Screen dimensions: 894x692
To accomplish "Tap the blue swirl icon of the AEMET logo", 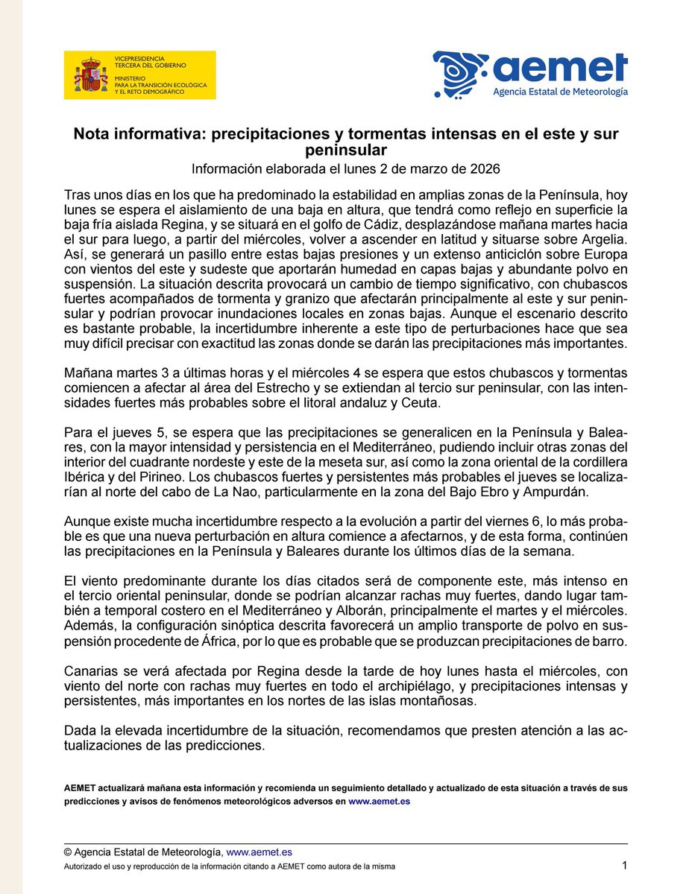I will tap(459, 74).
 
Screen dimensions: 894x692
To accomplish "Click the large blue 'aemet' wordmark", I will tap(559, 69).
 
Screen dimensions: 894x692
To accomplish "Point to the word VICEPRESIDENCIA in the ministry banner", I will tap(139, 58).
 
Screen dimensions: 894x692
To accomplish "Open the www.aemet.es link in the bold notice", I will tap(380, 802).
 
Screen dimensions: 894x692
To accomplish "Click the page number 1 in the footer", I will tap(624, 865).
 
